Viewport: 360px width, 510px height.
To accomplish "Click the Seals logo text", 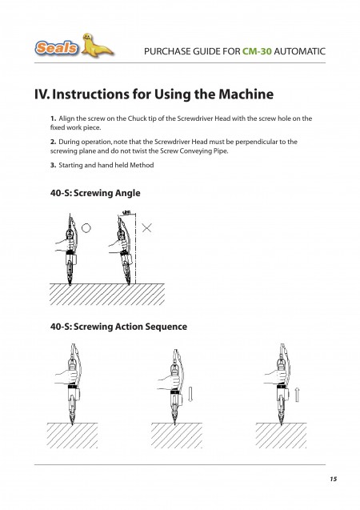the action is [x=57, y=48].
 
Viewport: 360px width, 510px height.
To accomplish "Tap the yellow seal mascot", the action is [x=96, y=46].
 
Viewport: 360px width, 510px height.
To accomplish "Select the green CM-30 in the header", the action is [x=257, y=51].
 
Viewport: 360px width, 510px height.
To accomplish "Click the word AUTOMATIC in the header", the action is [x=299, y=51].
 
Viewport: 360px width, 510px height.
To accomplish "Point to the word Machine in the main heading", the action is [x=246, y=94].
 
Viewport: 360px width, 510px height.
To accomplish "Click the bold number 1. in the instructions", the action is [x=54, y=118].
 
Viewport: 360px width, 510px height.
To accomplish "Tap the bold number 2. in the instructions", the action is [x=54, y=142].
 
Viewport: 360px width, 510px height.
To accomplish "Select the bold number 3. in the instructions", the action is [x=54, y=165].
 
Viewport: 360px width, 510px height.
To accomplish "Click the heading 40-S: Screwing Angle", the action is [x=95, y=193].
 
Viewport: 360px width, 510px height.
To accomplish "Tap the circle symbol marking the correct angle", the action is [x=86, y=228].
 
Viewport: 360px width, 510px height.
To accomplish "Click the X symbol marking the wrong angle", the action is [x=147, y=228].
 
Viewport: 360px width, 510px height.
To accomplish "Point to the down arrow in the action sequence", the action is [x=190, y=394].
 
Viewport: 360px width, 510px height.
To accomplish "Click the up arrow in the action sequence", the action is [x=297, y=394].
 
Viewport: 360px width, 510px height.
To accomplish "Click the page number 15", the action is [x=334, y=479].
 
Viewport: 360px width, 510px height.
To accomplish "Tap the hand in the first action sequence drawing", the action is [x=67, y=376].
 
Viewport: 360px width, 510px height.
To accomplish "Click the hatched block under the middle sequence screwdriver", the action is [x=177, y=436].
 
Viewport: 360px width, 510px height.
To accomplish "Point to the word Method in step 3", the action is [x=142, y=165].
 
